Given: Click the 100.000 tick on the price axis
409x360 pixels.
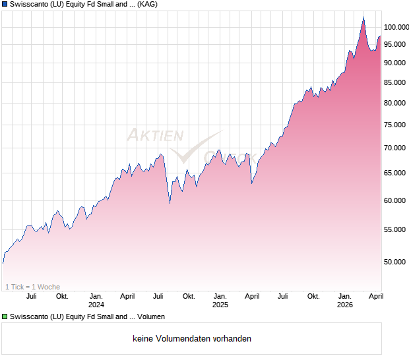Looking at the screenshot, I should click(x=398, y=27).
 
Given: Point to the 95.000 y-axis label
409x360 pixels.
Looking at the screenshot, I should click(x=398, y=44).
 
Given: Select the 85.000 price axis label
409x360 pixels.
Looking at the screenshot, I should click(x=398, y=82).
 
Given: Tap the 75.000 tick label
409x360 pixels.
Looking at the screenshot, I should click(x=398, y=125).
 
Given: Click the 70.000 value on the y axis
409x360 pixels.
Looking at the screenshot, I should click(x=398, y=148).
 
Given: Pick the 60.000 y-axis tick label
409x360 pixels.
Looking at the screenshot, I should click(x=398, y=200).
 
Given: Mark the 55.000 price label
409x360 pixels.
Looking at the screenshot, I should click(x=398, y=229).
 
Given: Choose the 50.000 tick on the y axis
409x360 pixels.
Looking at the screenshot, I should click(x=398, y=262).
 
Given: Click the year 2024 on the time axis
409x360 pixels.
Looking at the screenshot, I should click(x=96, y=305).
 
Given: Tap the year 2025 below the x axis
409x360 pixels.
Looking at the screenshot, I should click(x=220, y=305).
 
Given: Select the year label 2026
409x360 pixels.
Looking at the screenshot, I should click(x=344, y=305).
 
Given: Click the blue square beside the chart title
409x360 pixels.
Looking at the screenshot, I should click(x=5, y=4).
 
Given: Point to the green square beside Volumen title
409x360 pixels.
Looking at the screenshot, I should click(x=5, y=317).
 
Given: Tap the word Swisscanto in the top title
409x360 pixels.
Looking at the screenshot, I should click(x=29, y=4).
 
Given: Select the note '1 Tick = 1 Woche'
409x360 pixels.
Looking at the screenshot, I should click(x=32, y=287).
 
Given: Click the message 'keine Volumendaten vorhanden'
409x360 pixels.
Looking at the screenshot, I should click(x=192, y=339).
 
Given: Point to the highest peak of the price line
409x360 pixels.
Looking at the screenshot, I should click(x=363, y=18).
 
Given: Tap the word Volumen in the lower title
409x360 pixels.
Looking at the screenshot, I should click(x=151, y=317).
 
